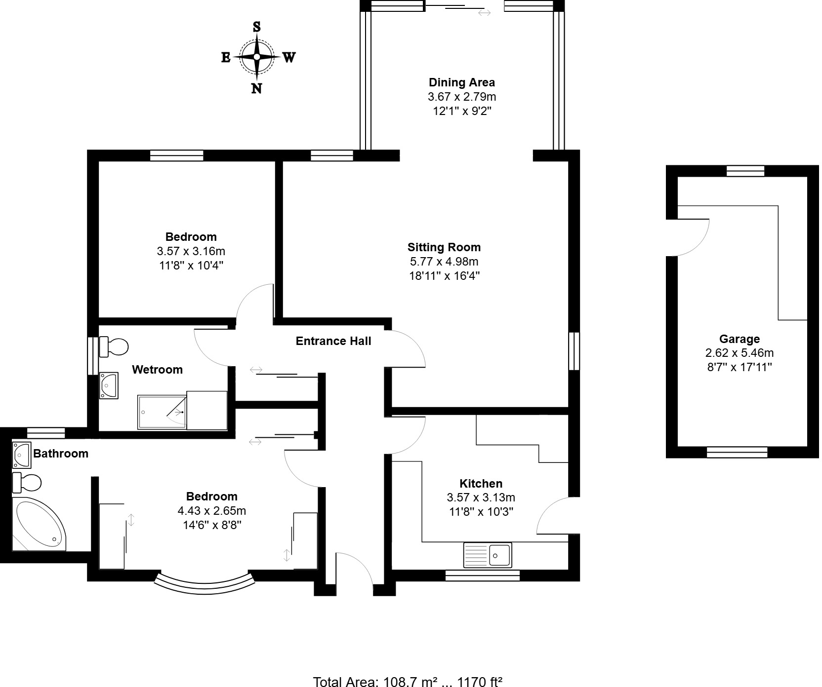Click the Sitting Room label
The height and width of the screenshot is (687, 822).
(x=444, y=247)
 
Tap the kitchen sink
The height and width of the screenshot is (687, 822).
(x=488, y=555)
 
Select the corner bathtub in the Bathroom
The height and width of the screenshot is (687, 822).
(x=39, y=524)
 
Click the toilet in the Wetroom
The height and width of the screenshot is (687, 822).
(x=114, y=346)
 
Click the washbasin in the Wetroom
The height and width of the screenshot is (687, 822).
(x=108, y=385)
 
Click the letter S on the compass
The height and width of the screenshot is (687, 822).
(x=256, y=27)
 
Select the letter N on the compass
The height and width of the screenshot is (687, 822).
(x=256, y=89)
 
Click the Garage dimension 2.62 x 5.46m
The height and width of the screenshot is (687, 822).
(x=739, y=353)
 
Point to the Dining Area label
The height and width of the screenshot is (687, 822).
(x=461, y=82)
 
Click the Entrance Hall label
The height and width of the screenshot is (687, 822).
(x=333, y=341)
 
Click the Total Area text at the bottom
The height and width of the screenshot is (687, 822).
(x=408, y=682)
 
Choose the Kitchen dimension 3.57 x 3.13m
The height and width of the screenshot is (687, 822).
(x=481, y=497)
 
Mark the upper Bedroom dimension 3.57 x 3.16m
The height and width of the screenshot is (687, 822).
(x=191, y=251)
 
